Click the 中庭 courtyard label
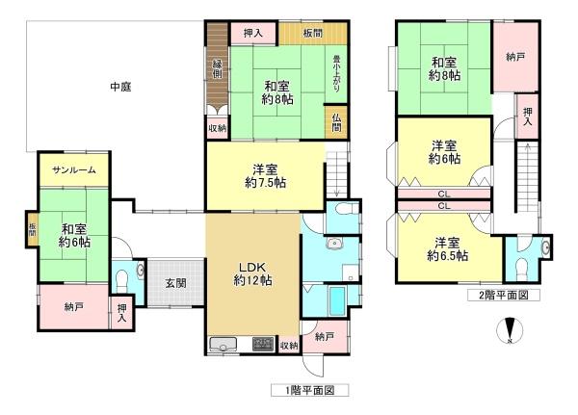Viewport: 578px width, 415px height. [120, 87]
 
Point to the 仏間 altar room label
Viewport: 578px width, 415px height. [336, 123]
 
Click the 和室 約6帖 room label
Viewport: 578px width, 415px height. [74, 235]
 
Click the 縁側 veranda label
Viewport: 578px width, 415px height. [218, 69]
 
